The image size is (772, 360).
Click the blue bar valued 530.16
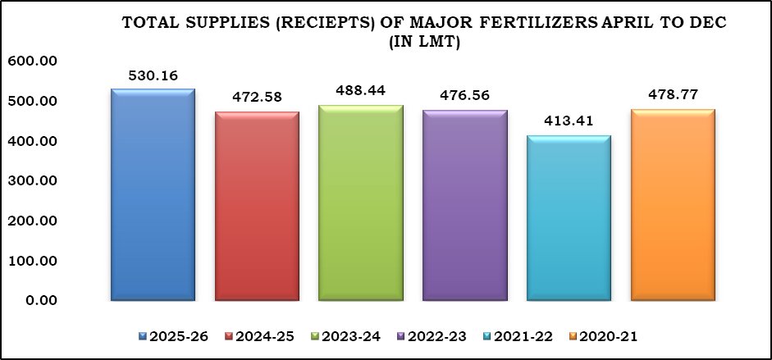click(x=153, y=194)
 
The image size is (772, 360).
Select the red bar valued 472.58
click(x=257, y=206)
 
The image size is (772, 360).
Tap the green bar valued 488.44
click(x=361, y=203)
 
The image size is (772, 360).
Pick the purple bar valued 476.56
click(x=465, y=205)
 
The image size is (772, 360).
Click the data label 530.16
click(x=153, y=75)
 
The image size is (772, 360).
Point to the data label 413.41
click(x=569, y=122)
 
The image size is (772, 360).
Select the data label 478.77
click(x=673, y=95)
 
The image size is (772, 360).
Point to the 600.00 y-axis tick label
click(x=30, y=61)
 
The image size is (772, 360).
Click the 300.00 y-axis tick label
click(x=30, y=180)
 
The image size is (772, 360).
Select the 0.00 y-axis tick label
click(x=37, y=301)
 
